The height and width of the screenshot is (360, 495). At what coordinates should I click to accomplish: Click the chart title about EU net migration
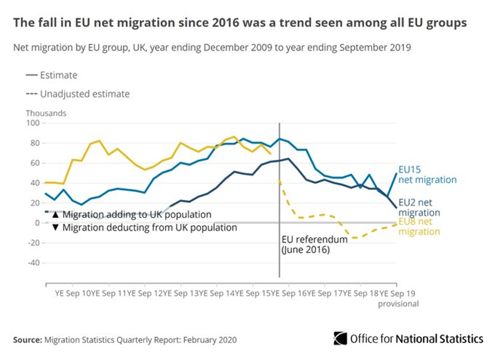click(240, 23)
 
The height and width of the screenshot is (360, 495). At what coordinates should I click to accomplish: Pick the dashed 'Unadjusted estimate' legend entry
click(78, 94)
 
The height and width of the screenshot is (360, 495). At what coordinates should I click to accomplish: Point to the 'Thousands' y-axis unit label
click(46, 113)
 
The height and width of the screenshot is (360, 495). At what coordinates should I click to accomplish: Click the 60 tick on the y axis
click(35, 163)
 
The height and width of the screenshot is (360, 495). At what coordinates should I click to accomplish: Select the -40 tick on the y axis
click(34, 263)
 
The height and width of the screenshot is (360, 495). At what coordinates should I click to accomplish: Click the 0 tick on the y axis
click(37, 223)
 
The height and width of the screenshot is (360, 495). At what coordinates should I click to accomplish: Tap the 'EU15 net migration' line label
click(427, 175)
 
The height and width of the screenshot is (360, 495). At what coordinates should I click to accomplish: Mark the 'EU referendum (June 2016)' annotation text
click(314, 245)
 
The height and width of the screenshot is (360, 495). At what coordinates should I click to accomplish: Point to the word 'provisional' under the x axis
click(397, 303)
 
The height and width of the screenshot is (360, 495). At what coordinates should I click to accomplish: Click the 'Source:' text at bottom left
click(27, 340)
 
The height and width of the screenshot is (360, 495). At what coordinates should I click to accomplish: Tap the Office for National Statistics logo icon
click(340, 339)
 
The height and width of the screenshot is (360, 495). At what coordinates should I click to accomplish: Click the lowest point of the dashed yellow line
click(353, 237)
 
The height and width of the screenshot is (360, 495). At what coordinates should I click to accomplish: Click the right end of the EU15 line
click(397, 173)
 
